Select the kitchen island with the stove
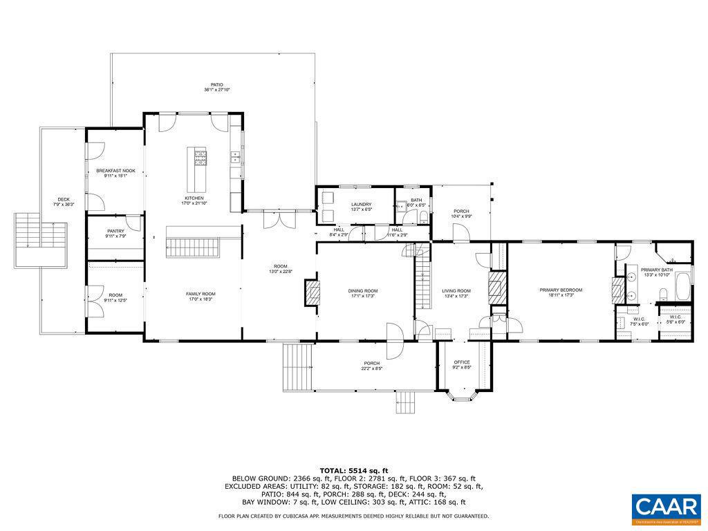tap(201, 170)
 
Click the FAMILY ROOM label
tap(201, 294)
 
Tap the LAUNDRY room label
tap(361, 204)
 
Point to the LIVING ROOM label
tap(456, 291)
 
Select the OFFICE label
tap(462, 362)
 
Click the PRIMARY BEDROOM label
tap(561, 290)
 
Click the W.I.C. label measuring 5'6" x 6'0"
tap(676, 317)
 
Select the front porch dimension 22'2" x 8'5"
tap(372, 369)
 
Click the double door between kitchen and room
tap(279, 219)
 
